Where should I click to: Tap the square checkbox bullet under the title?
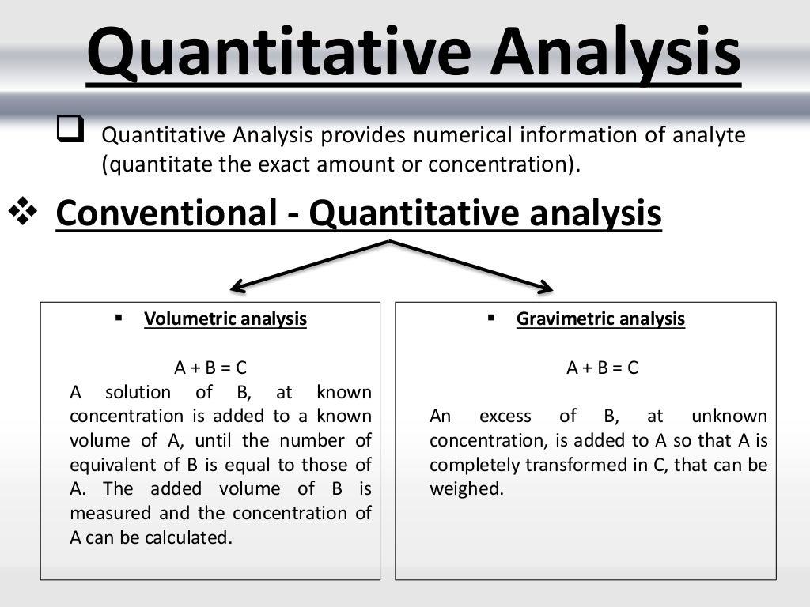click(70, 128)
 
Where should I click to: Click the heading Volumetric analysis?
click(225, 319)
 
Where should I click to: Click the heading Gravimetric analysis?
click(600, 319)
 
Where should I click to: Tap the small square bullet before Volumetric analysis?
click(119, 318)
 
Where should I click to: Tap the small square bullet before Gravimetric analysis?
click(490, 318)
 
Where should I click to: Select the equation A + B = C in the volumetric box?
click(210, 368)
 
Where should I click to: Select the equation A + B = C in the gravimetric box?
click(603, 368)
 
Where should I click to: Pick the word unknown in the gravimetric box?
click(729, 417)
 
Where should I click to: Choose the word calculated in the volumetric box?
click(189, 537)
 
